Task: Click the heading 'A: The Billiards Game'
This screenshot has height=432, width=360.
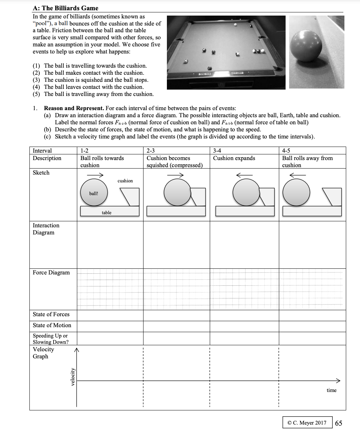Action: click(x=66, y=8)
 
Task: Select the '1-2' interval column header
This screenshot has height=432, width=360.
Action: click(x=84, y=151)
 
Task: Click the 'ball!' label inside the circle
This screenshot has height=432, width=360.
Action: click(x=94, y=193)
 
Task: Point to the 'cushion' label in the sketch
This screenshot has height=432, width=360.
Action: click(x=125, y=181)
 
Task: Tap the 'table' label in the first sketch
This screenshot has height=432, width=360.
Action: click(x=106, y=212)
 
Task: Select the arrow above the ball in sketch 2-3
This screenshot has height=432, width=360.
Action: click(x=176, y=175)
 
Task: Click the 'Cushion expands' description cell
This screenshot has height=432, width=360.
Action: click(x=234, y=158)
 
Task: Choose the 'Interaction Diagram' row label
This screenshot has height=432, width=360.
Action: click(x=46, y=229)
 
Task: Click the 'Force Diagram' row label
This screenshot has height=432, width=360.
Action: click(x=51, y=273)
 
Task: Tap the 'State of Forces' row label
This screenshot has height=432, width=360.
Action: click(x=51, y=314)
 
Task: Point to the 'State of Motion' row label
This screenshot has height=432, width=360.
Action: click(x=52, y=325)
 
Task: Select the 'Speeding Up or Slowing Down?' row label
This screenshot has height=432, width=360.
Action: click(x=51, y=339)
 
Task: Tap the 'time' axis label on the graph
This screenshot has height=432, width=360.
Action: click(x=331, y=390)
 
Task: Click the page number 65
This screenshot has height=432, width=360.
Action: click(x=338, y=423)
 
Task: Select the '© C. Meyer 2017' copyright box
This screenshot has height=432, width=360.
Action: click(x=307, y=423)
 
